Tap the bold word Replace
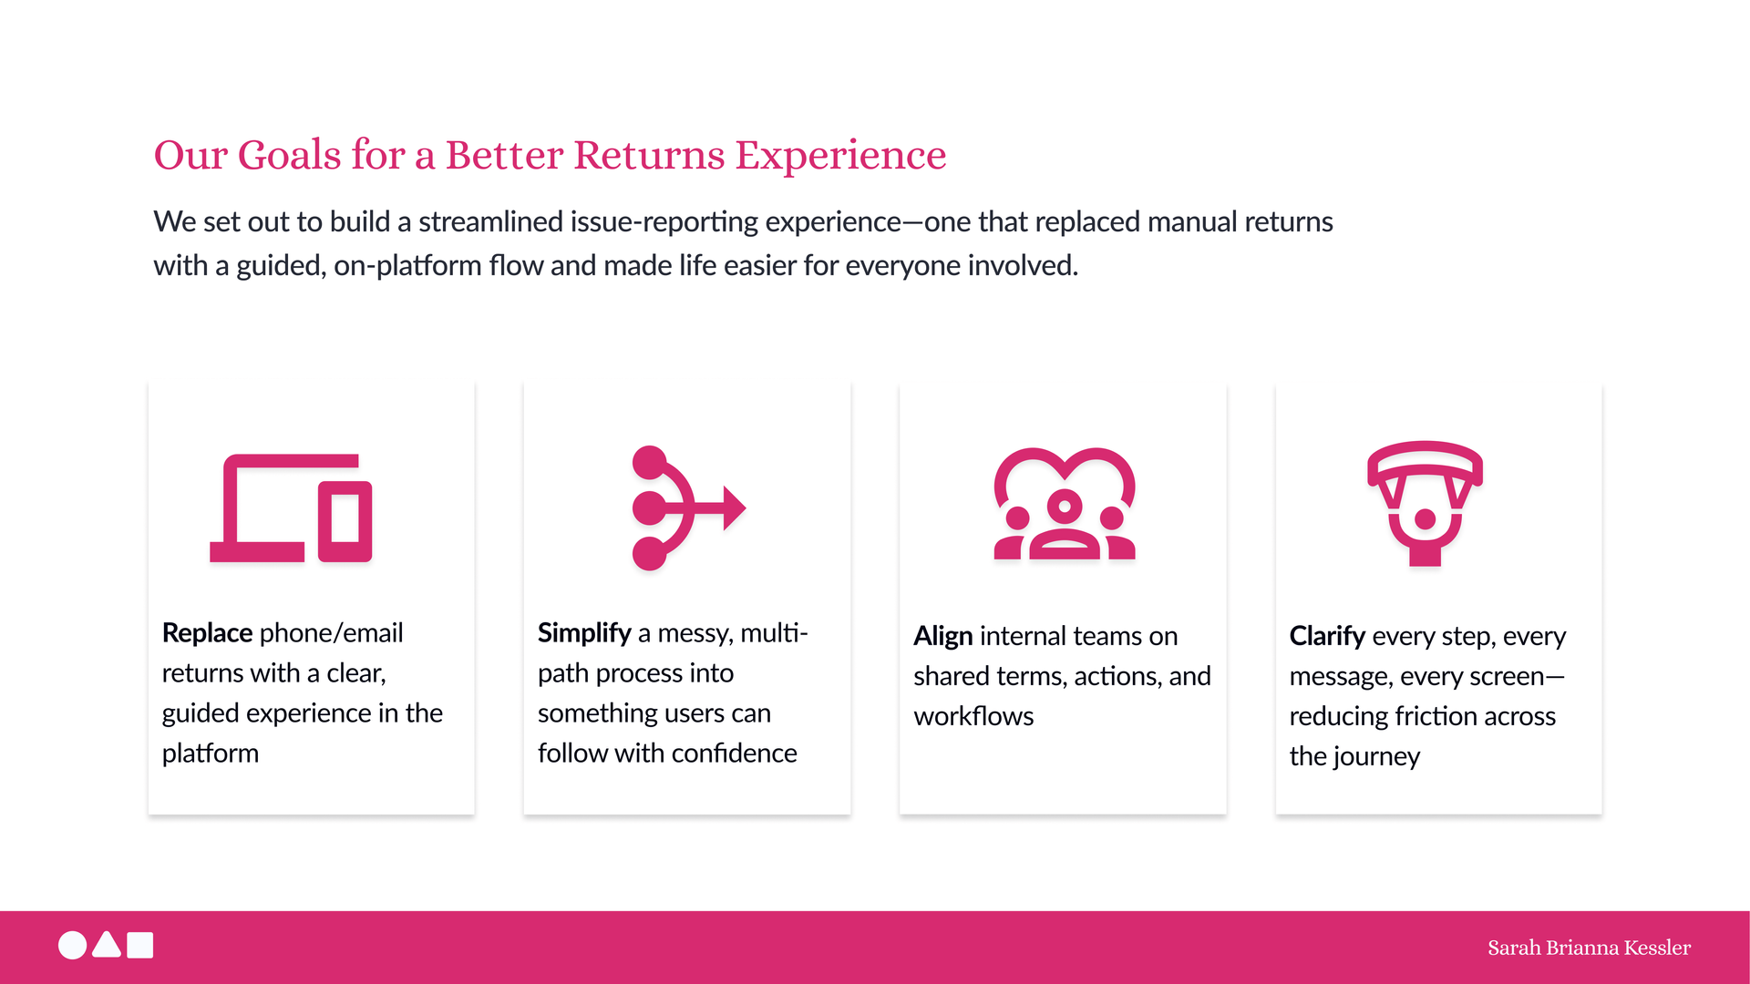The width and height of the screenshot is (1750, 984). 207,633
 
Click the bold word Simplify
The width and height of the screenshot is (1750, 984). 584,633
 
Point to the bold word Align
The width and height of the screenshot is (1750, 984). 943,637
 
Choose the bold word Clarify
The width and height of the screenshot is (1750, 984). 1327,637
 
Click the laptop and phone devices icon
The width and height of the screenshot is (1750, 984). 291,507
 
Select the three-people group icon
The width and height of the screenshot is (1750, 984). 1065,503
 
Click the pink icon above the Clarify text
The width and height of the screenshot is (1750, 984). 1425,503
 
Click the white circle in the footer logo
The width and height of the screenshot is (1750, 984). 73,946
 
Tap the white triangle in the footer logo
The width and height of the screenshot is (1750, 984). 107,945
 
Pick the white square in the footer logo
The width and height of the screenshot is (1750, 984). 140,946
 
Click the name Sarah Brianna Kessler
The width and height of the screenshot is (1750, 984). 1589,948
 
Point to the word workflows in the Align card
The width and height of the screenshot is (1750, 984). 973,716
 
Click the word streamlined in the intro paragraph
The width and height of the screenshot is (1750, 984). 491,221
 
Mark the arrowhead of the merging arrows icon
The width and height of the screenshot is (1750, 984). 735,507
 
